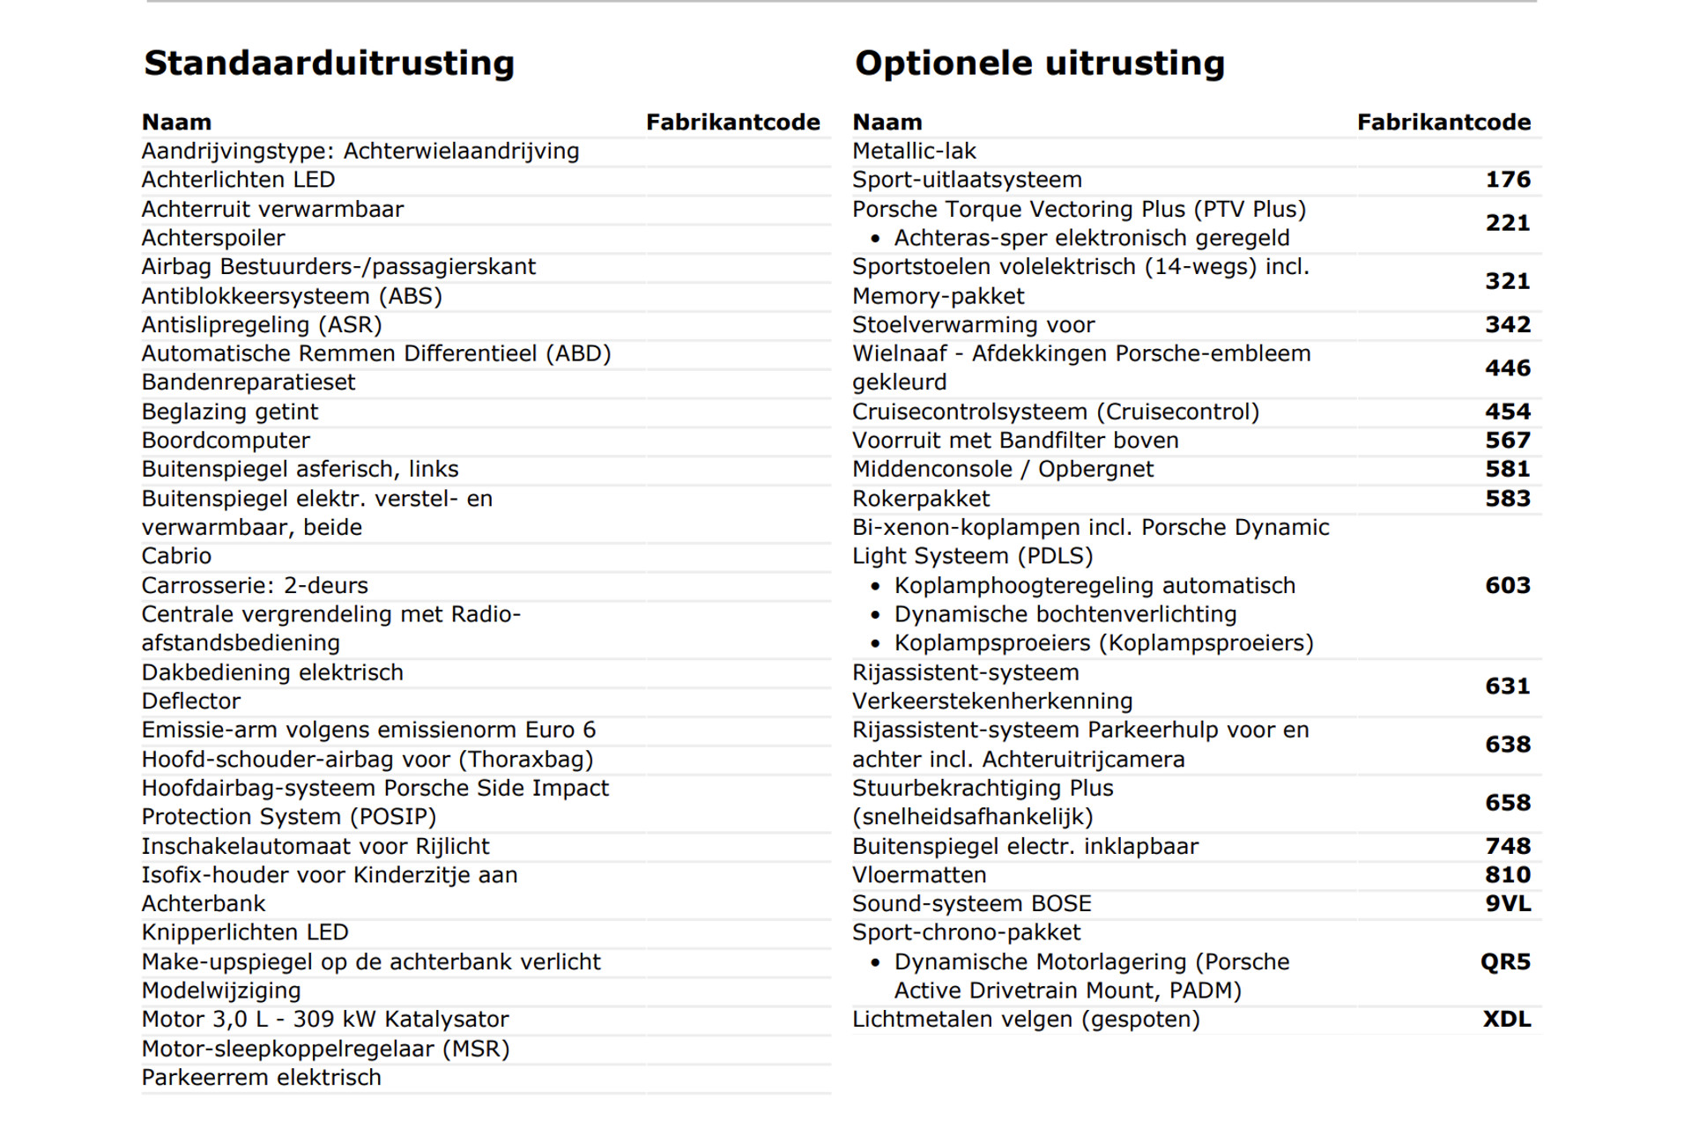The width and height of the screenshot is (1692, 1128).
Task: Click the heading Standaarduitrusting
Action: point(329,63)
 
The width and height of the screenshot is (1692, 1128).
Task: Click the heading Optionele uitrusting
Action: point(1039,63)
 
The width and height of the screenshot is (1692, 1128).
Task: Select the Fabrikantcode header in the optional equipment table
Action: point(1443,122)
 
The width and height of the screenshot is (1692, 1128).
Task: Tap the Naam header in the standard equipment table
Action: point(176,122)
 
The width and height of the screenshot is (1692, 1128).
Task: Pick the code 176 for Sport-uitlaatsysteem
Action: point(1508,180)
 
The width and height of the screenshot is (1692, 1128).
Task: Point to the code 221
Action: point(1508,223)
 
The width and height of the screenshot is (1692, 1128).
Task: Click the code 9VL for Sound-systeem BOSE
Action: point(1508,903)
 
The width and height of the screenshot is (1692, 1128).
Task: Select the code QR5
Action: point(1505,961)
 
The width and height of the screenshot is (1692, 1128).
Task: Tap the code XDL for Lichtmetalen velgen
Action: point(1507,1020)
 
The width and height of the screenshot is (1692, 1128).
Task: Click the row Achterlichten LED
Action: point(238,180)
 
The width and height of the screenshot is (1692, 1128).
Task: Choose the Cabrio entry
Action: point(176,556)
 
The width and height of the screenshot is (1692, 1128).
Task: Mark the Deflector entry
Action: point(191,701)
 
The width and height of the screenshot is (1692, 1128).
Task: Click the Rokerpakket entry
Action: point(921,499)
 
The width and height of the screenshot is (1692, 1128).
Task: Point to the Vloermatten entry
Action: point(919,875)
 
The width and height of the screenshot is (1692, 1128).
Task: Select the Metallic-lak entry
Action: point(914,152)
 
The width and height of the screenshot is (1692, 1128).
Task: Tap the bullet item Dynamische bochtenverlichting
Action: point(1065,614)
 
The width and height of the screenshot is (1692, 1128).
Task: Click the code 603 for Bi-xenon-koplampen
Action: point(1508,585)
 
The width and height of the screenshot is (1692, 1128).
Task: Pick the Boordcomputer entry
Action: point(226,441)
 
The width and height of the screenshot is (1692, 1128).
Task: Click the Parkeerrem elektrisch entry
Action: point(262,1078)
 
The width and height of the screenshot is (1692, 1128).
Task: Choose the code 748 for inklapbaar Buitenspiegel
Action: point(1508,846)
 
